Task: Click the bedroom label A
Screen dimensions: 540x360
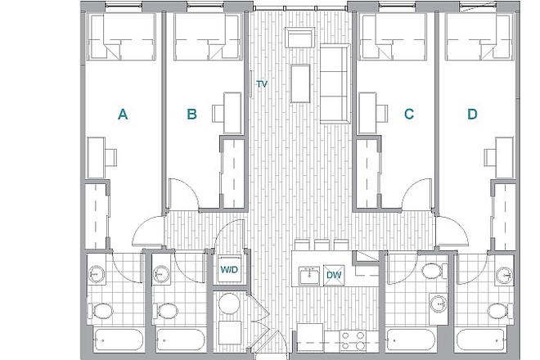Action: (123, 114)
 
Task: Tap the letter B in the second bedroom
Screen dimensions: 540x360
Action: (191, 114)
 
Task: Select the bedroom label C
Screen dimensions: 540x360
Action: (409, 114)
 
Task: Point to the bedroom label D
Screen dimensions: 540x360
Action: (472, 114)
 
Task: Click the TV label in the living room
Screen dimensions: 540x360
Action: (262, 84)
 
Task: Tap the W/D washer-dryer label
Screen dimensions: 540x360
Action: (229, 269)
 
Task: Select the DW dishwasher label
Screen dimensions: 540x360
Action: (334, 275)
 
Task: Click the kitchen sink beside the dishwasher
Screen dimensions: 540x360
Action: (309, 275)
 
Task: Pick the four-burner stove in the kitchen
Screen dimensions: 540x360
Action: (353, 340)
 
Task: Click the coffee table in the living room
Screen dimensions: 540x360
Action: (300, 83)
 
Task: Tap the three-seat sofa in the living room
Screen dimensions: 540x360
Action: (335, 83)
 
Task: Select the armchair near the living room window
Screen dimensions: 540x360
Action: (300, 37)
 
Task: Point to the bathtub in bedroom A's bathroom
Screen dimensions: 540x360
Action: (118, 340)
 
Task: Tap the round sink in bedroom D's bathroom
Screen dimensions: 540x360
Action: (504, 275)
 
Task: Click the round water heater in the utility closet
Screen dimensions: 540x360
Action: (229, 304)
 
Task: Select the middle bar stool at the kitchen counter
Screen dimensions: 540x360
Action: (322, 245)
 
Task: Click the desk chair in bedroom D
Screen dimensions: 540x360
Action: (490, 157)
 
